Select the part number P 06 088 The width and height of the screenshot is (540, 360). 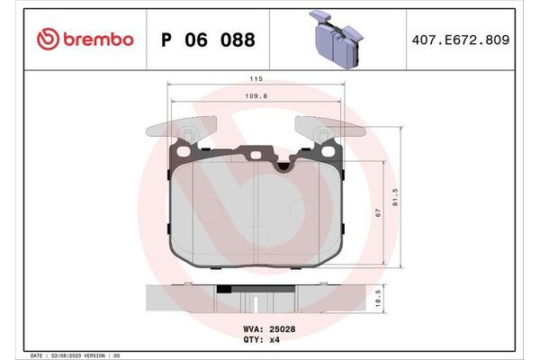207,40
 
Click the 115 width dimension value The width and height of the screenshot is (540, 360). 256,79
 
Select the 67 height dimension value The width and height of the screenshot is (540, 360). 379,212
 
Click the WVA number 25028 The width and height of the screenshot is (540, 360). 282,329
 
